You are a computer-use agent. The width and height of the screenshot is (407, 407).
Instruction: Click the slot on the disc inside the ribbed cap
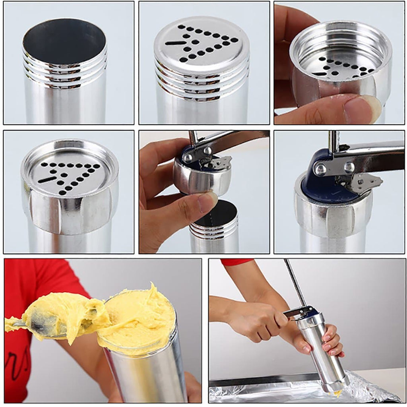point(47,180)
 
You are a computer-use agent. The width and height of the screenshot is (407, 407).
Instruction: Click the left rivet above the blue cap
point(320,169)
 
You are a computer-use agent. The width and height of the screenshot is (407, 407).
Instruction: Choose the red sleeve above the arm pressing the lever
point(237,262)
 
